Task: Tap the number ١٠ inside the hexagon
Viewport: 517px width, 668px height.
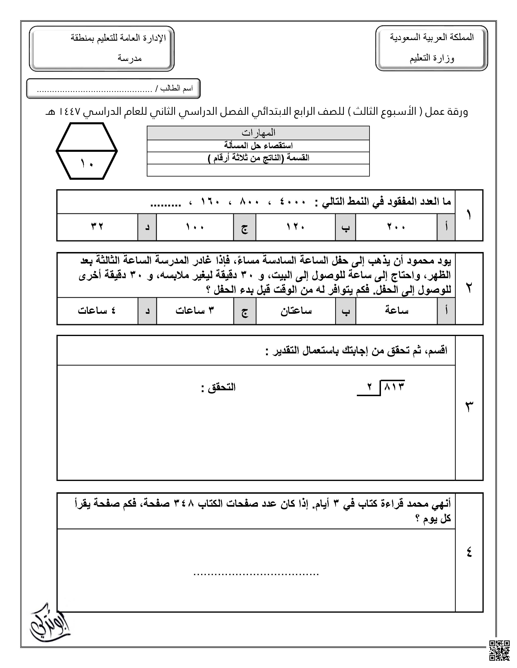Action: click(x=87, y=164)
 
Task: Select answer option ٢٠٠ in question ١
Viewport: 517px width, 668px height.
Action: click(x=396, y=227)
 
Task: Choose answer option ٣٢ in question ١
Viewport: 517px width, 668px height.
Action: click(x=97, y=227)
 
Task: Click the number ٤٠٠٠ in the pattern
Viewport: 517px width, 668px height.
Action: click(x=293, y=202)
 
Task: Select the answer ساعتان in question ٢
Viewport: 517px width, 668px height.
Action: click(x=296, y=311)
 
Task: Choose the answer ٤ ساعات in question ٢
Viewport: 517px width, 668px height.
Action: click(x=97, y=311)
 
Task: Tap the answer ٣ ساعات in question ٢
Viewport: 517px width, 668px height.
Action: click(x=195, y=311)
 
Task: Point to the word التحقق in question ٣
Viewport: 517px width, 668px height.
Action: click(x=222, y=387)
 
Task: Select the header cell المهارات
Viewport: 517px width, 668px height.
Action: click(x=258, y=133)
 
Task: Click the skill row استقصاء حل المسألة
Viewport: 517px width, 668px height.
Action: click(x=258, y=146)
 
